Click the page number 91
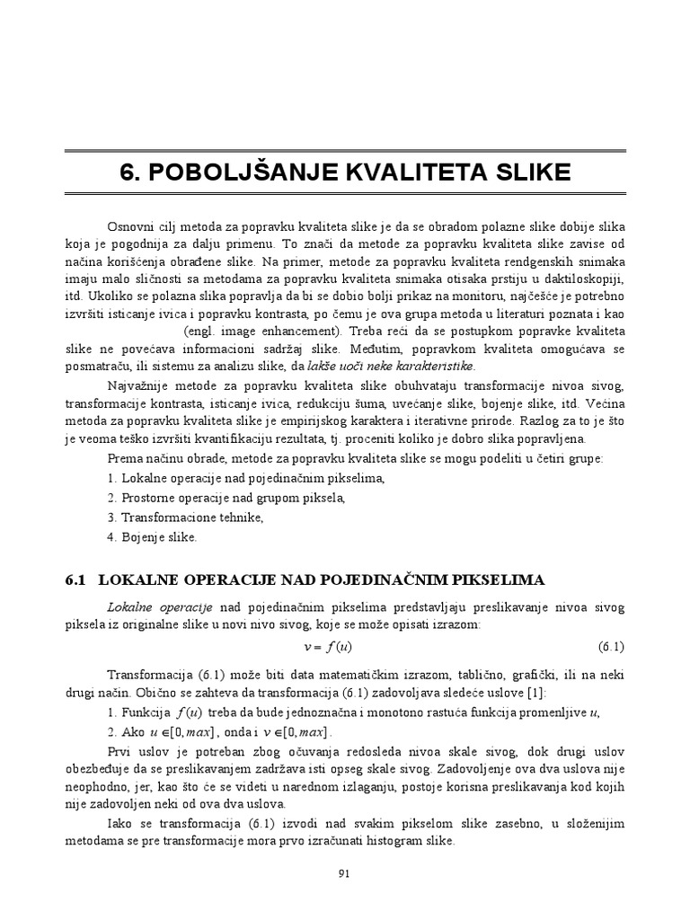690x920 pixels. [344, 871]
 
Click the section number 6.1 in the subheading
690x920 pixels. [75, 580]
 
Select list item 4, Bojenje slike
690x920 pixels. [151, 537]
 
